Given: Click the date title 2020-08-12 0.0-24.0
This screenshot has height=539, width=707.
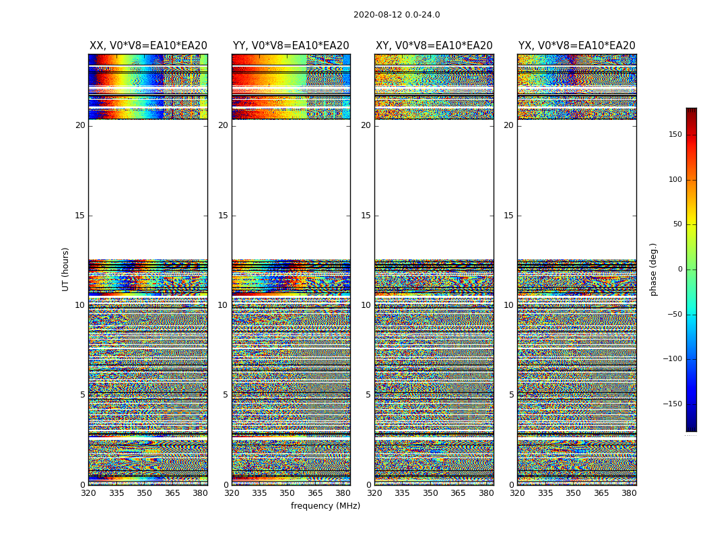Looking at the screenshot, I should [x=397, y=15].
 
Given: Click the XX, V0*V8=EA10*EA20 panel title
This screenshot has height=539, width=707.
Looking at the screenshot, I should [x=148, y=46].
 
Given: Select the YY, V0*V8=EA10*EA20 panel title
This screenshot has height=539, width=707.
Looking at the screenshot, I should [x=291, y=46].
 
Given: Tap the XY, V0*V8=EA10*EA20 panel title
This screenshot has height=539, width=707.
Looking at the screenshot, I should [x=434, y=46].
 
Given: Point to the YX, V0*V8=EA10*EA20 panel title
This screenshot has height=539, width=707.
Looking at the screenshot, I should [x=577, y=46].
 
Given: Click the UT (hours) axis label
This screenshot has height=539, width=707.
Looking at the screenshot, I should [x=66, y=269].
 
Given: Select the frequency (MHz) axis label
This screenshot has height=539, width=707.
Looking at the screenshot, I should [x=325, y=506].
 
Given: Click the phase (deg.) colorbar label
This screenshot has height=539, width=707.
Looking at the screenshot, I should [x=654, y=269].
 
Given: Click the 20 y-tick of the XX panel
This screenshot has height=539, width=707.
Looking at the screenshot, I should [x=80, y=125].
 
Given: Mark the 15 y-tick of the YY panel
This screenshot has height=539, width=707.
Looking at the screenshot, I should [x=223, y=216].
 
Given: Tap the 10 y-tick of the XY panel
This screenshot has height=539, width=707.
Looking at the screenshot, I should [x=366, y=305].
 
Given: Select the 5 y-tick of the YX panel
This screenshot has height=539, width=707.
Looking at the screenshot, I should [x=511, y=395].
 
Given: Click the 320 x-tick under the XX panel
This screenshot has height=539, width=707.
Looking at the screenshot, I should [x=88, y=493].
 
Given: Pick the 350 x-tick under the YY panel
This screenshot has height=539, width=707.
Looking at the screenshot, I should [x=288, y=493].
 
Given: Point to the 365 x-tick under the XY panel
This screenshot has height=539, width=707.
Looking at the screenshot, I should [x=458, y=493].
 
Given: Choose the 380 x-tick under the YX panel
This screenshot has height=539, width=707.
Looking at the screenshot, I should [x=629, y=493].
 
